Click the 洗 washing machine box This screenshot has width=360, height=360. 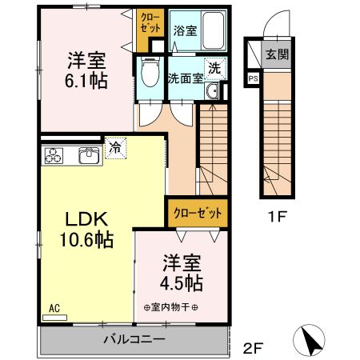[x=215, y=69]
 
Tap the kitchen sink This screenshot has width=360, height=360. [x=90, y=154]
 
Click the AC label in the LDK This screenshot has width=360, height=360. [x=54, y=307]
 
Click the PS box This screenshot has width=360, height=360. [x=254, y=78]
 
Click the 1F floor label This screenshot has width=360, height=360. [x=277, y=216]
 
